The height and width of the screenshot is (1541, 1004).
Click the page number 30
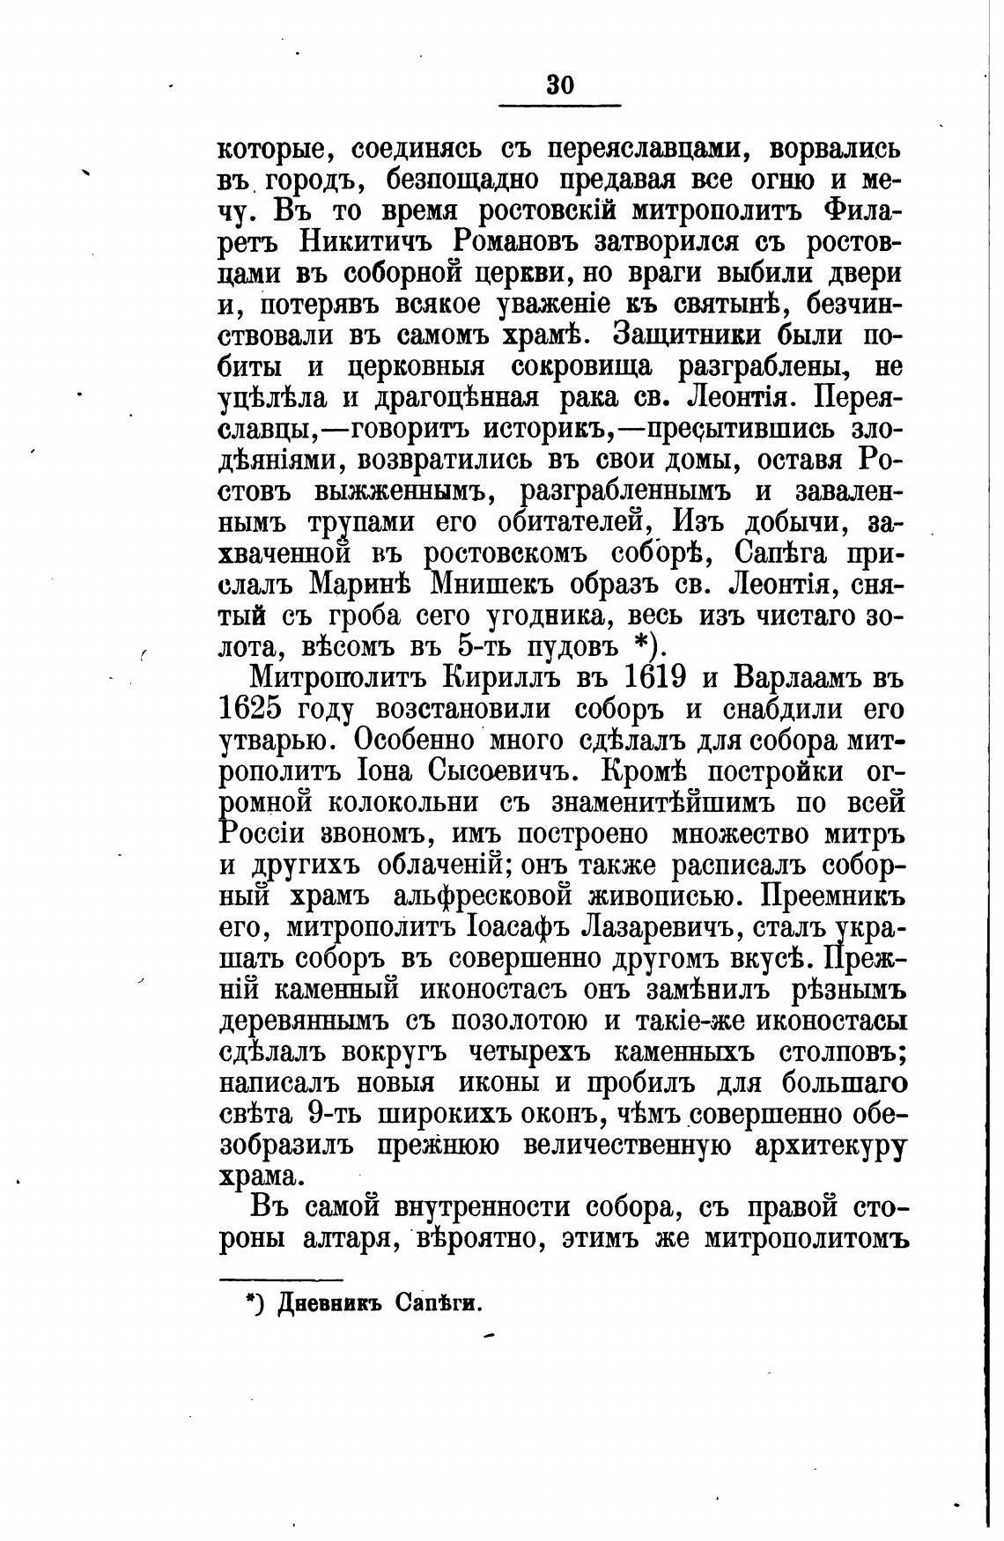pyautogui.click(x=560, y=85)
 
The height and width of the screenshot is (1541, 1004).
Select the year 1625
pyautogui.click(x=260, y=710)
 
